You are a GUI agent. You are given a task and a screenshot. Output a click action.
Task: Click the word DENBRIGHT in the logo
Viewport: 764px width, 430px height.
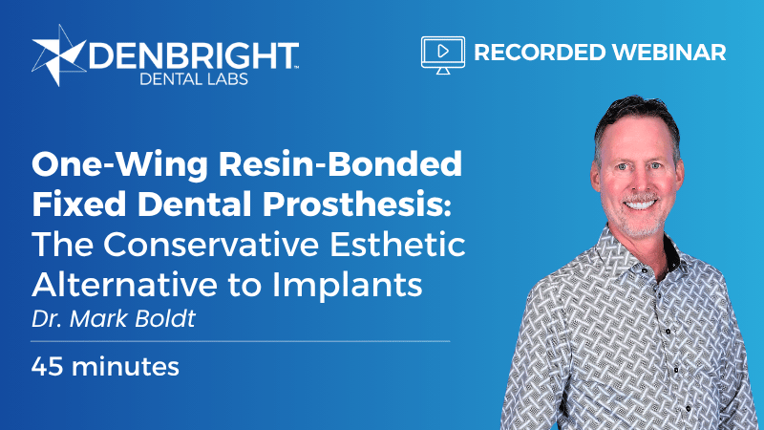coord(194,55)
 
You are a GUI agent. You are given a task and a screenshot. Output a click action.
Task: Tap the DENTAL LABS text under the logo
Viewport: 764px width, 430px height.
coord(194,79)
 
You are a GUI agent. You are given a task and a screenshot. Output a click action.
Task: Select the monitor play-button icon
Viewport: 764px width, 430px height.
coord(443,55)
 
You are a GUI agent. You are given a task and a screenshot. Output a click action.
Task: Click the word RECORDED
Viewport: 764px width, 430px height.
coord(540,53)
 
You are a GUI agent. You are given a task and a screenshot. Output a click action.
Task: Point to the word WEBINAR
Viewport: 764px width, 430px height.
coord(669,53)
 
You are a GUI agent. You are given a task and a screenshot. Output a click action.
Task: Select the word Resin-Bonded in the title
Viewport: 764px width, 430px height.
coord(340,163)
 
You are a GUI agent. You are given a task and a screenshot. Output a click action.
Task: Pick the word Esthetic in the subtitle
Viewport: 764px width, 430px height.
coord(397,244)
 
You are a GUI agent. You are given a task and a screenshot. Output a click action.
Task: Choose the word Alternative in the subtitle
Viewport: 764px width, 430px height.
coord(125,284)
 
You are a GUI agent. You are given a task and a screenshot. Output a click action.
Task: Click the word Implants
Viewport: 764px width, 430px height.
coord(347,285)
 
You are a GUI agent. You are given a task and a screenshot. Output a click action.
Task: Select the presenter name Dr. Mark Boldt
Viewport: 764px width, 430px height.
coord(114,319)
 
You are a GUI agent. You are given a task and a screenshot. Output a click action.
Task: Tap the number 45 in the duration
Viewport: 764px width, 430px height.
coord(47,367)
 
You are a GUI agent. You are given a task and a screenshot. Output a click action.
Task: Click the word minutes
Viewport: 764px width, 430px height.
coord(125,367)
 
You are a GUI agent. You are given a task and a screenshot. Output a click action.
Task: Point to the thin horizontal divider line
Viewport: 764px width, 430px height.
coord(241,341)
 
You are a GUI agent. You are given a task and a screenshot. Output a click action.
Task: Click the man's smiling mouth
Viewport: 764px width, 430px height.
coord(640,204)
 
